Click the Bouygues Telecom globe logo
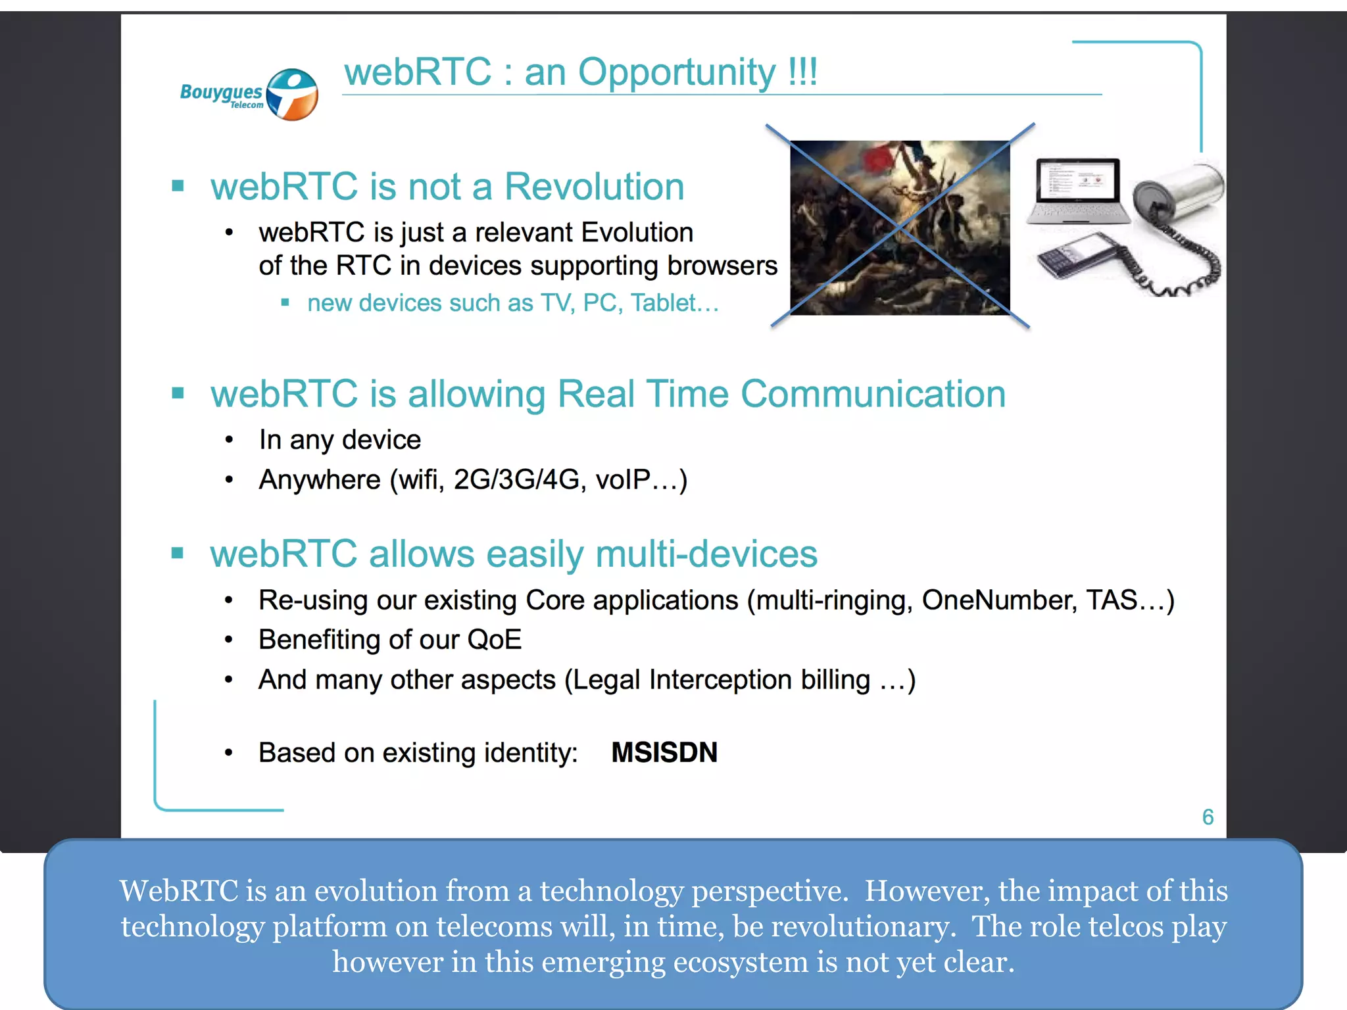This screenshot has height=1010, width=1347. point(292,95)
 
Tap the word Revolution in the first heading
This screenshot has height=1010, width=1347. point(594,187)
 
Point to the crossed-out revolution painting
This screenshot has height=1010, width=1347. point(899,227)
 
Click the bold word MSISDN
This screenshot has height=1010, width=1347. point(664,752)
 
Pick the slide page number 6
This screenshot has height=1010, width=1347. point(1208,817)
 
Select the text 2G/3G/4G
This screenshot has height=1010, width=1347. point(516,480)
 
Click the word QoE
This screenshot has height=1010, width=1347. point(494,640)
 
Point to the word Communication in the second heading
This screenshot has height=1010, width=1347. point(873,395)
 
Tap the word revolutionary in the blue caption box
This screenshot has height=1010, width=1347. point(863,926)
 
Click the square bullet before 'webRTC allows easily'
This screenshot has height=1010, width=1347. point(178,552)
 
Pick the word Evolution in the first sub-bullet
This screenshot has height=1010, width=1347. point(637,233)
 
